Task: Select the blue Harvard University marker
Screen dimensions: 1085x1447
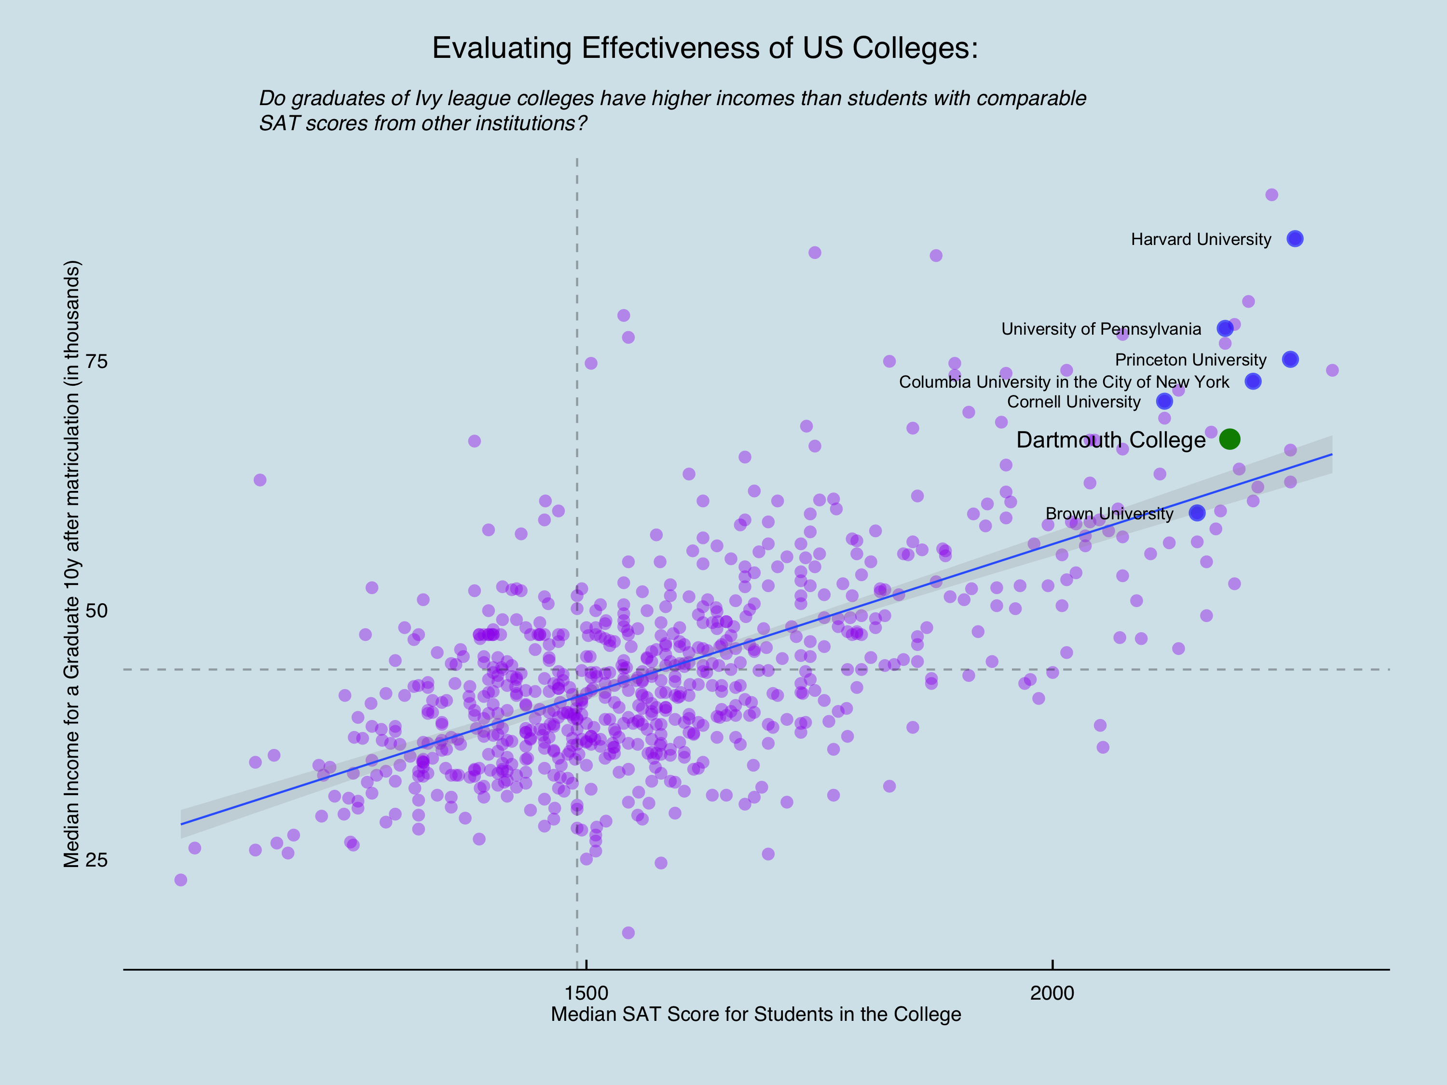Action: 1295,239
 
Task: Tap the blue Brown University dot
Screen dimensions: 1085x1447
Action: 1197,513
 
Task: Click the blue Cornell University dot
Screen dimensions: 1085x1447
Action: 1164,401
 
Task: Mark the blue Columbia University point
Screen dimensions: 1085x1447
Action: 1253,381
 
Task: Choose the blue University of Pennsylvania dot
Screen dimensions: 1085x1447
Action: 1225,328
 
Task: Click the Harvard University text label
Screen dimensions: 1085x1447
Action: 1201,239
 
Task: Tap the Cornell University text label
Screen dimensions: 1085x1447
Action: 1074,402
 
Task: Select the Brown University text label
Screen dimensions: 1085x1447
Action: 1109,514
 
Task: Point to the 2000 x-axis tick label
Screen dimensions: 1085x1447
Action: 1052,993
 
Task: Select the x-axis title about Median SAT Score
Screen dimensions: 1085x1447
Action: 755,1015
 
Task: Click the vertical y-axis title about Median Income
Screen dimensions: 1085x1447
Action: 71,564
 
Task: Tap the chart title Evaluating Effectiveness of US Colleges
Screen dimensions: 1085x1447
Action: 705,48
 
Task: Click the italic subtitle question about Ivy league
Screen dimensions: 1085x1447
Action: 672,110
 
